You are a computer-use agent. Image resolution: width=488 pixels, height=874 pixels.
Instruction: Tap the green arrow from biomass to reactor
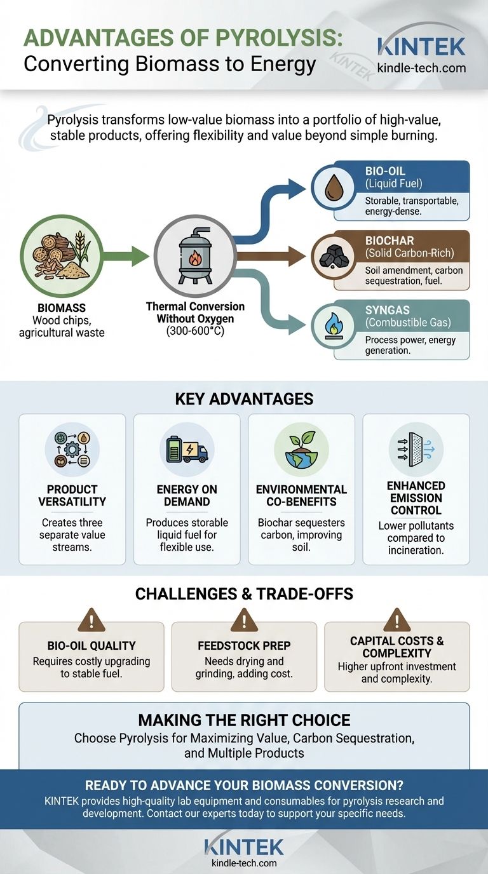[x=127, y=257]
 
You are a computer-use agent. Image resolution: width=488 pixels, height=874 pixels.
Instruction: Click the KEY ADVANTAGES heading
[x=244, y=399]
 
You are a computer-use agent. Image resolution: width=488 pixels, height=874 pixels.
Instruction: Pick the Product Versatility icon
[x=72, y=450]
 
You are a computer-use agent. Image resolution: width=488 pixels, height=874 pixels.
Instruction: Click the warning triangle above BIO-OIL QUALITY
[x=91, y=619]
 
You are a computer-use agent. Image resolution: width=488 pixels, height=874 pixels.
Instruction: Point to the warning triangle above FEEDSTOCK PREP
[x=244, y=619]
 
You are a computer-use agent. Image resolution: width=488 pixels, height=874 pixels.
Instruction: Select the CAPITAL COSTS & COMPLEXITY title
[x=396, y=647]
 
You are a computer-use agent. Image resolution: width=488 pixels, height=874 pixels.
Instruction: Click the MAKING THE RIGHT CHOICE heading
[x=244, y=720]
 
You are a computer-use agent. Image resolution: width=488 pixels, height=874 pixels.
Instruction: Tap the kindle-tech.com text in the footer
[x=244, y=863]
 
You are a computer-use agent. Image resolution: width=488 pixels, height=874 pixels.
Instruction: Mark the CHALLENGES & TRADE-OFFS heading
[x=244, y=594]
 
